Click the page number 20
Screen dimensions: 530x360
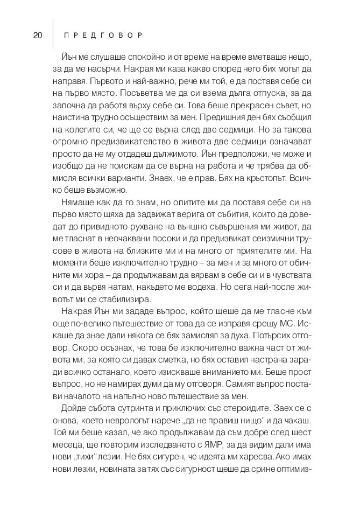[37, 36]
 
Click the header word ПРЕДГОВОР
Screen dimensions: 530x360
[102, 36]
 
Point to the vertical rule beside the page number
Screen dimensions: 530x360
[53, 36]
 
